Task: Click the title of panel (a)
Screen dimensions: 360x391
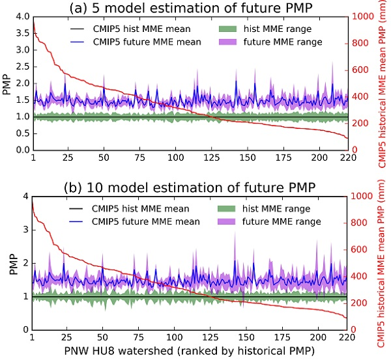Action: pos(190,8)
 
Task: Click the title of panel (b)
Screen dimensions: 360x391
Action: pos(190,187)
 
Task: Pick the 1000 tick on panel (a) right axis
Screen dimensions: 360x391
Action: pos(363,17)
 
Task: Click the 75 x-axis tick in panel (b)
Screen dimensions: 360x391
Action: pos(139,339)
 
